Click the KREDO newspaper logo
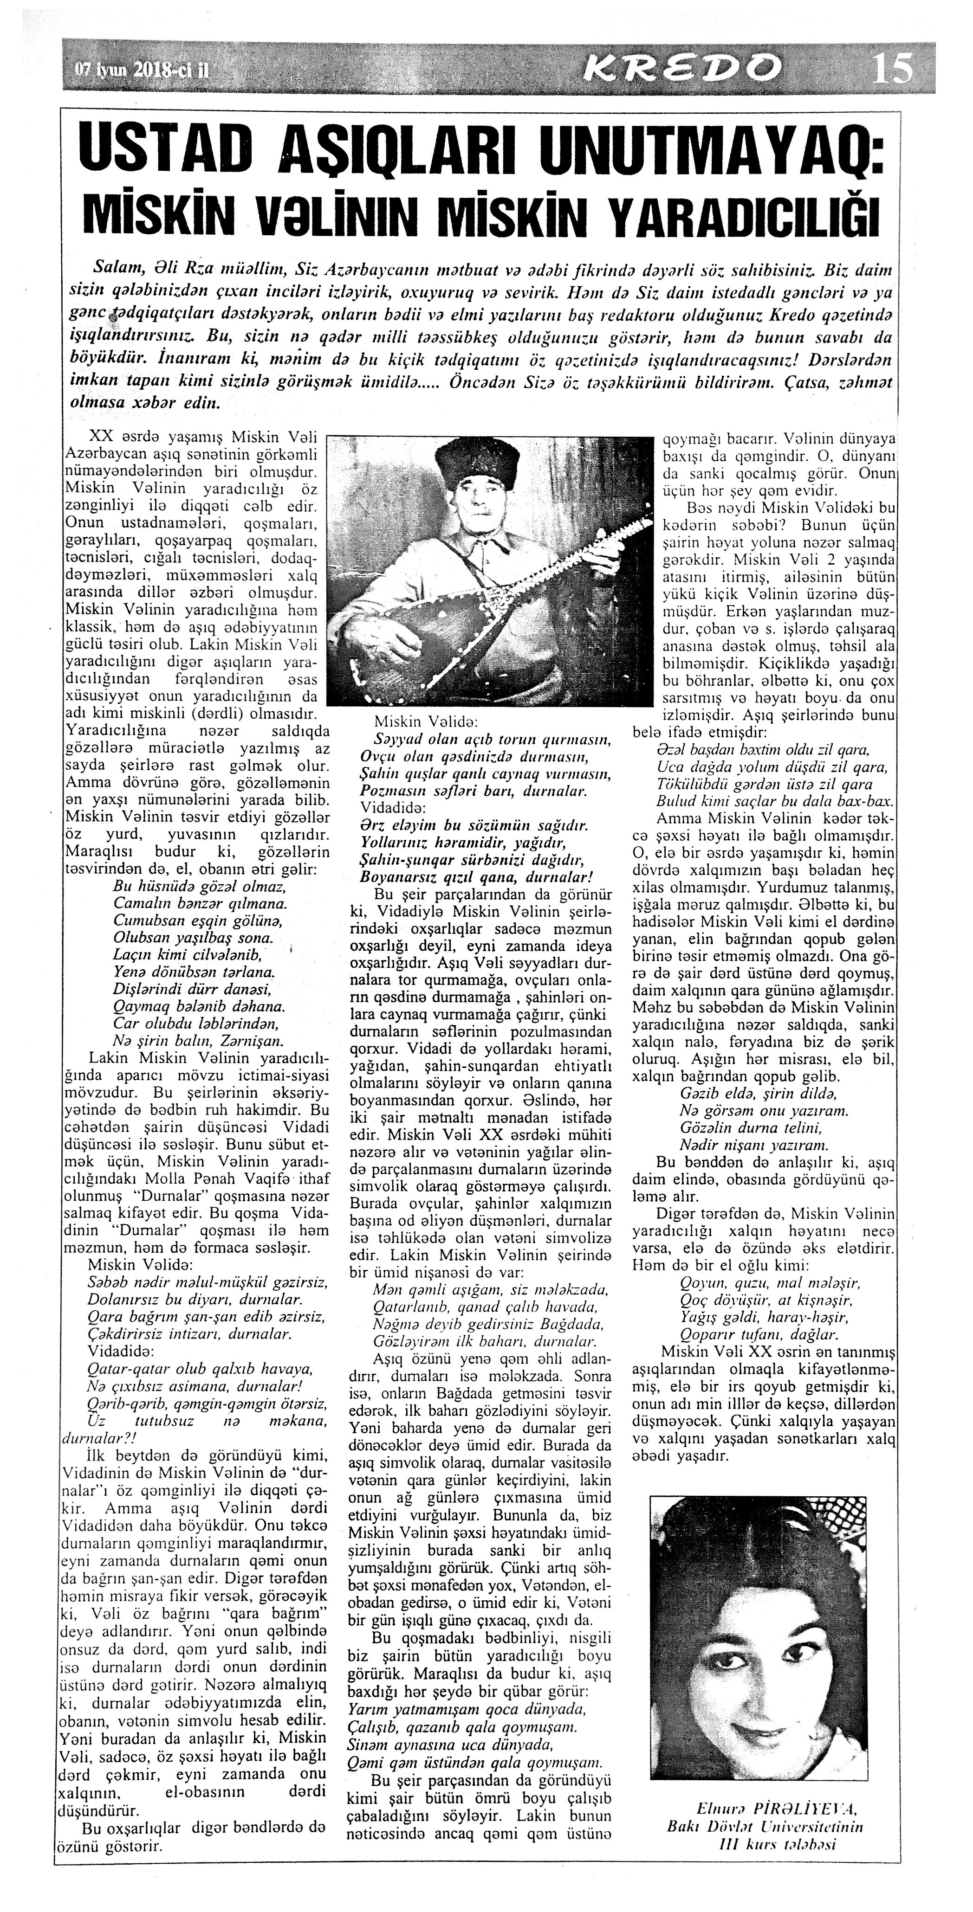pyautogui.click(x=682, y=68)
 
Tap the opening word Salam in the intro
pyautogui.click(x=116, y=266)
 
